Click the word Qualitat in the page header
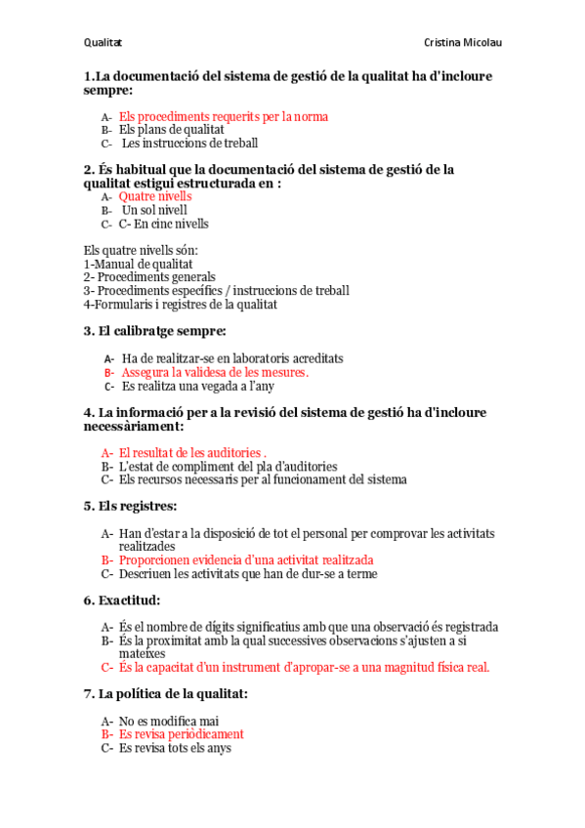coord(102,43)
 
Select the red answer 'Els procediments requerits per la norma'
coord(224,116)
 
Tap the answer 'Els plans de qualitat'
coord(172,129)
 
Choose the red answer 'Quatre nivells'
coord(155,196)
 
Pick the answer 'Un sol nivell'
coord(154,210)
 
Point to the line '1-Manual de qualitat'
coord(138,264)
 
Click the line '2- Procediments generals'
coord(149,277)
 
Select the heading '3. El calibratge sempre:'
coord(155,331)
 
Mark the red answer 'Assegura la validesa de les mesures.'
coord(215,372)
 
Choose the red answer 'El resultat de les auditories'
coord(190,453)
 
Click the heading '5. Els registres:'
coord(131,506)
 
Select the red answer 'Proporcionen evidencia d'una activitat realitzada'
coord(246,560)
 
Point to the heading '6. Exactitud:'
coord(122,600)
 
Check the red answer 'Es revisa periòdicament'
coord(182,734)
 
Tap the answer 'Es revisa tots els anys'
coord(175,748)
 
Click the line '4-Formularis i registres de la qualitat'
coord(181,305)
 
